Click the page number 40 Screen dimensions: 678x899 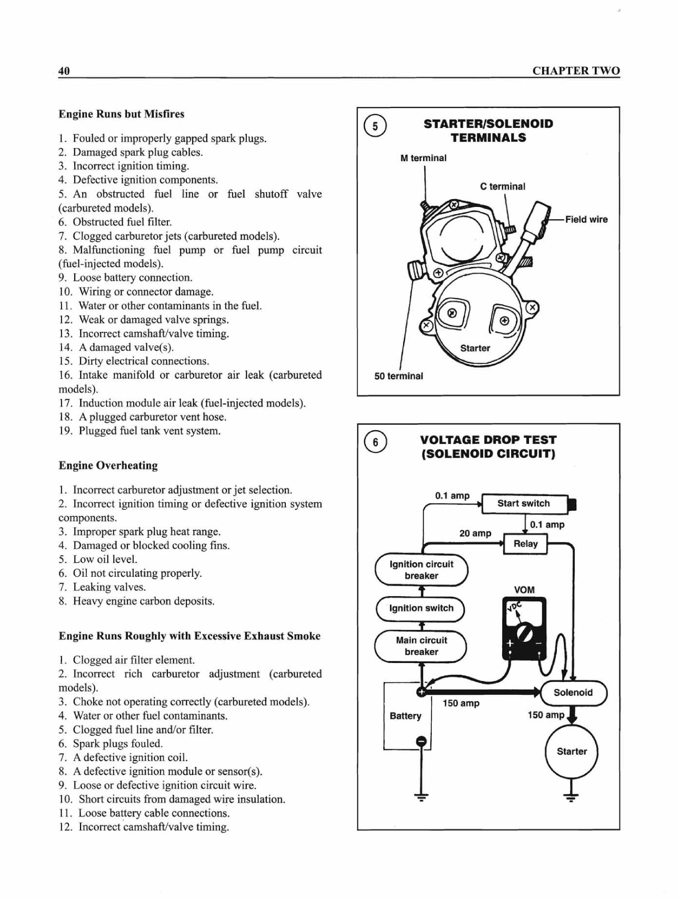[x=64, y=71]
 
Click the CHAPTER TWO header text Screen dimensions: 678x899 [x=576, y=71]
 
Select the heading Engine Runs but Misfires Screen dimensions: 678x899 [x=122, y=114]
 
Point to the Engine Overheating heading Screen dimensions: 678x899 [x=108, y=466]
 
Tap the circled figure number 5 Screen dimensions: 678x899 [x=375, y=126]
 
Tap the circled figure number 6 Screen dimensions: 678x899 [x=375, y=442]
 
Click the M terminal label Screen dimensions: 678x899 [x=423, y=158]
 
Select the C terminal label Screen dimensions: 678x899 [x=503, y=186]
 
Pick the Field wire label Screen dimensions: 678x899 [x=586, y=220]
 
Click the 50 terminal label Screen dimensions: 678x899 [x=398, y=376]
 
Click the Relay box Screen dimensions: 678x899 [x=525, y=544]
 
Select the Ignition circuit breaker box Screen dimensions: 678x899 [x=421, y=570]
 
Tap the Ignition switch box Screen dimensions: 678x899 [x=421, y=608]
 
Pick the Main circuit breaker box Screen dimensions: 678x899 [x=421, y=646]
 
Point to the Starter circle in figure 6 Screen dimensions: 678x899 [x=572, y=752]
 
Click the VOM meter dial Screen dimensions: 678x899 [x=524, y=632]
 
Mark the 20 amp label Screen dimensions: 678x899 [x=475, y=534]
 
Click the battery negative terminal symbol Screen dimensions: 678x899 [x=421, y=742]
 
